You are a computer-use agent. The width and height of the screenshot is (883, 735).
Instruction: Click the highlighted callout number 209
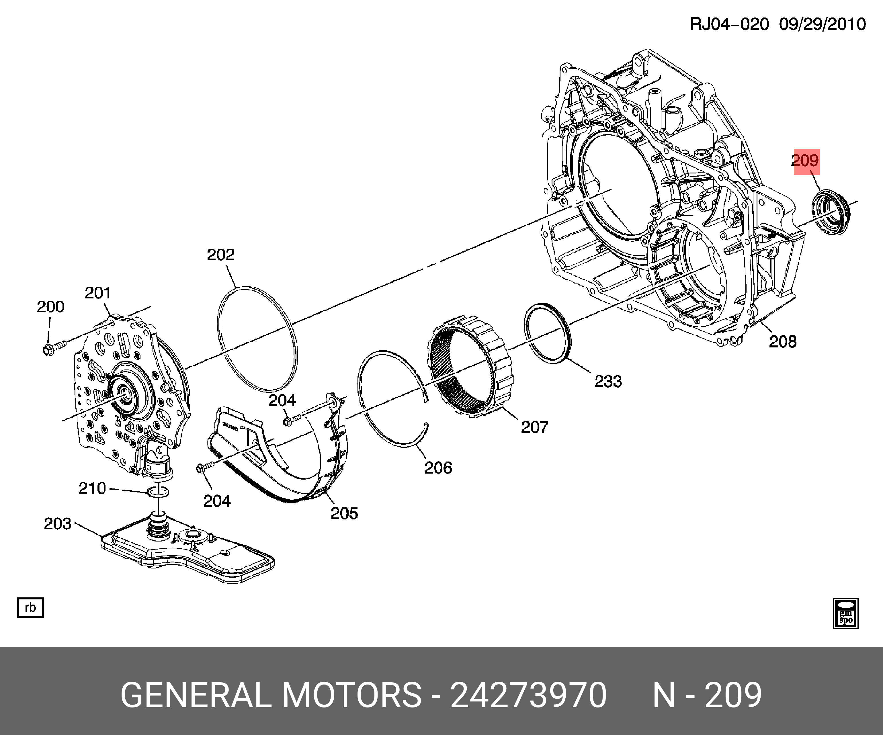805,161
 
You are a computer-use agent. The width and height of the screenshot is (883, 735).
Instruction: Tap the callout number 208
782,341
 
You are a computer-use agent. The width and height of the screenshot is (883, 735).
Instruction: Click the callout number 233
608,381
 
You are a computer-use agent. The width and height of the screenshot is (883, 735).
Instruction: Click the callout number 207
534,427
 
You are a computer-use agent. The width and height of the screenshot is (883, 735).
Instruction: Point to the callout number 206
438,468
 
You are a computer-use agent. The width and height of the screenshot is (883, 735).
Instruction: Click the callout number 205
344,513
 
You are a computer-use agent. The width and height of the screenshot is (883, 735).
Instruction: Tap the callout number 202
220,255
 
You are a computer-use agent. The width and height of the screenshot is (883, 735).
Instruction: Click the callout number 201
97,293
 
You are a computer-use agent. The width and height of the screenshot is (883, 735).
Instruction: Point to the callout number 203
58,524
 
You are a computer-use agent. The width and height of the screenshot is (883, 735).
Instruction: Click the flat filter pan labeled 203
189,555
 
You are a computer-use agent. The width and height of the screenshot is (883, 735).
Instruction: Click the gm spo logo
845,613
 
